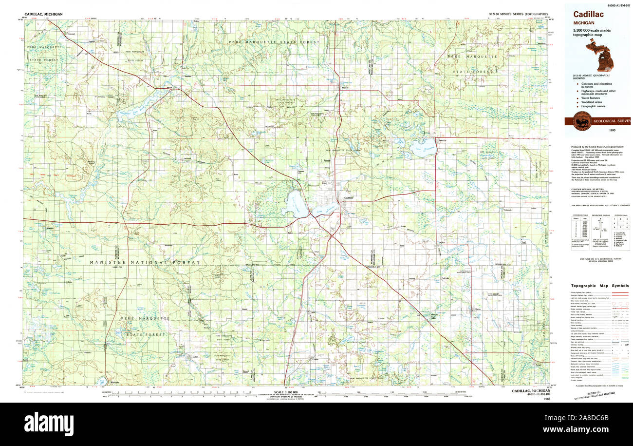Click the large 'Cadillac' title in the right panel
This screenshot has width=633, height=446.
[588, 15]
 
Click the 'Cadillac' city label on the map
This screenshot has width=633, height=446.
[348, 197]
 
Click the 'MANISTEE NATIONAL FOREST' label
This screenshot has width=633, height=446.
[144, 263]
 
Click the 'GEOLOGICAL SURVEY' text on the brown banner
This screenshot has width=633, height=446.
[611, 121]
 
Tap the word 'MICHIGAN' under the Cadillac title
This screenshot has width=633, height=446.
[583, 22]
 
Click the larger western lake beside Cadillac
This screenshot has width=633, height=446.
[296, 204]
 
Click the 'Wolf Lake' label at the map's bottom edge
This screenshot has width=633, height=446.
[114, 383]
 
